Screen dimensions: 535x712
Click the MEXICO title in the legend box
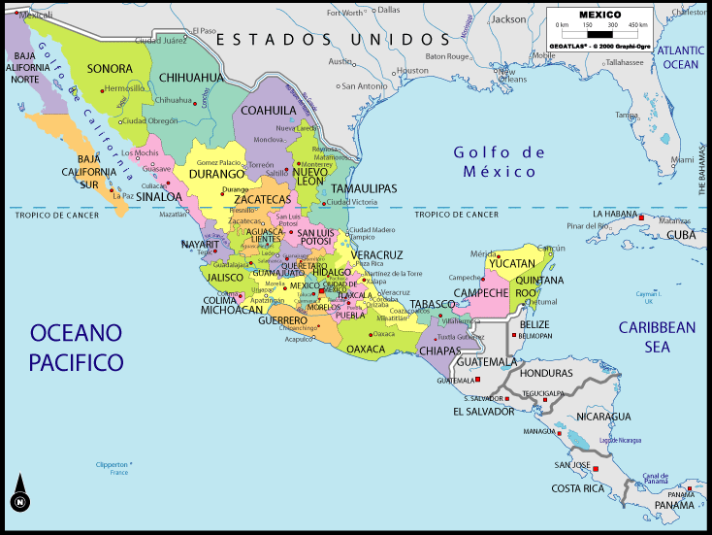coord(600,15)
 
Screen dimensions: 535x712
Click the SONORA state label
coord(109,69)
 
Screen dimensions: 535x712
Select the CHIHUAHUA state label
coord(191,77)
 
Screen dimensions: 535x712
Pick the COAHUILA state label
coord(268,110)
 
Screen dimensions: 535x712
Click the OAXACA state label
coord(366,349)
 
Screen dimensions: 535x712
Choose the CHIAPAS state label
coord(441,351)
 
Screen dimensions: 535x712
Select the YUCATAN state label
coord(511,263)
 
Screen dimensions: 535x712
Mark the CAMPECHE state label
coord(481,292)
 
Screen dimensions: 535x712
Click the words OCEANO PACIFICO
coord(77,348)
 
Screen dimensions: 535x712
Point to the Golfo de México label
coord(500,162)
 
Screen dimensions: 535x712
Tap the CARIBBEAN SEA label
coord(658,336)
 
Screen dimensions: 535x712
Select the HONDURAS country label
coord(546,373)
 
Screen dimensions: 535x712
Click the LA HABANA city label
coord(614,214)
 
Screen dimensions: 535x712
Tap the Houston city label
coord(412,71)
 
